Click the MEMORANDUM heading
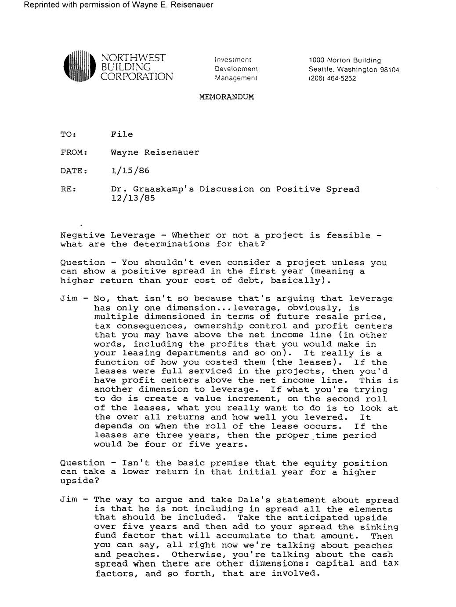(226, 97)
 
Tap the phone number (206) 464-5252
(332, 79)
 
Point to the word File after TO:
(122, 134)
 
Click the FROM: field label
(74, 153)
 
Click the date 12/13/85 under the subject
(133, 198)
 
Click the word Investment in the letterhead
(232, 60)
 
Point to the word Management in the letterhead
(235, 78)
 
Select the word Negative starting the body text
(82, 235)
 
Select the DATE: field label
(74, 171)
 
